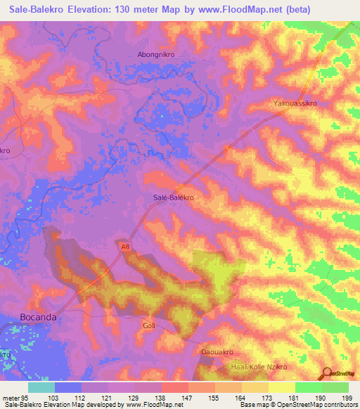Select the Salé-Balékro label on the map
click(x=173, y=198)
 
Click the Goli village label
click(x=148, y=326)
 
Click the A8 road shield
click(x=124, y=247)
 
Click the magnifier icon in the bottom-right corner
click(x=326, y=373)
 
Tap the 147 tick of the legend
click(x=188, y=397)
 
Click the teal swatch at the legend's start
click(x=41, y=387)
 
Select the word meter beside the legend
click(x=9, y=397)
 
